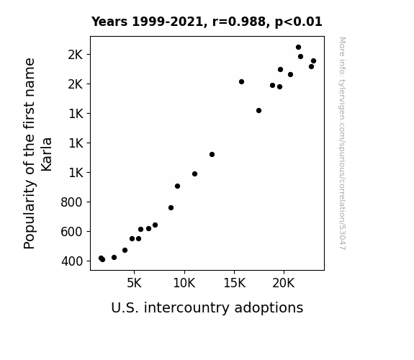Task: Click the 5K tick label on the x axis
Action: tap(134, 283)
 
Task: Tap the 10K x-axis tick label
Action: tap(184, 283)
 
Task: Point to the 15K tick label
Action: tap(235, 283)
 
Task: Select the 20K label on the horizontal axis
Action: tap(284, 283)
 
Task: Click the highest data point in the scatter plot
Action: tap(298, 48)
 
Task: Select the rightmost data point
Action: tap(313, 61)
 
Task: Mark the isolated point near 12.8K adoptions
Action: tap(212, 155)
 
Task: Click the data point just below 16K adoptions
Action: tap(241, 82)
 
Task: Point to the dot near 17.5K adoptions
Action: tap(258, 111)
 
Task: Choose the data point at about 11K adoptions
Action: tap(194, 174)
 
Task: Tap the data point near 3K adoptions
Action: tap(114, 257)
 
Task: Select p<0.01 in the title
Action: tap(299, 22)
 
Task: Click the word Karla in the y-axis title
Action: tap(47, 155)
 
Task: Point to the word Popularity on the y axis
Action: tap(30, 215)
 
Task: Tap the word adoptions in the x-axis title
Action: tap(269, 308)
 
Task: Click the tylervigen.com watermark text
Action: tap(342, 144)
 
